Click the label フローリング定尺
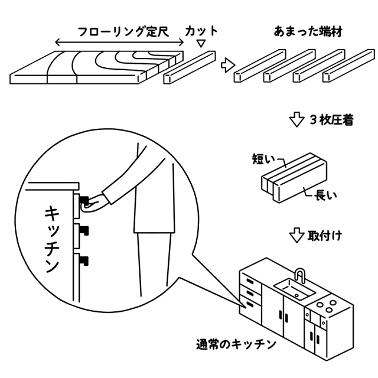pos(121,31)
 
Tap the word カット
pos(201,31)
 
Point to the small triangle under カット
pos(201,44)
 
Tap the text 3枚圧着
pos(331,120)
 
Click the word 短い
pos(262,158)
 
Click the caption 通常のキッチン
pos(234,343)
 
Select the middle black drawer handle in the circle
pos(85,229)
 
